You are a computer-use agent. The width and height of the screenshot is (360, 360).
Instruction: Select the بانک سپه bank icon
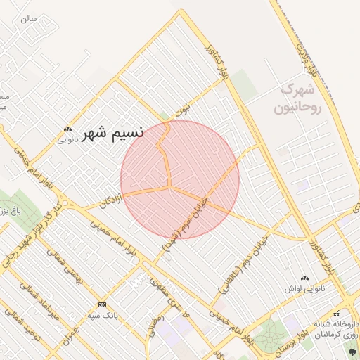tap(103, 304)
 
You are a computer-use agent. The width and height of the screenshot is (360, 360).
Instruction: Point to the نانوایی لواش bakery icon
tap(304, 278)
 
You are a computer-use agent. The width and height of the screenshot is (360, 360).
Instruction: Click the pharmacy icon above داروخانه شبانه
tap(336, 313)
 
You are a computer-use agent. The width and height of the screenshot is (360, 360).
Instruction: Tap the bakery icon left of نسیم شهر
tap(67, 129)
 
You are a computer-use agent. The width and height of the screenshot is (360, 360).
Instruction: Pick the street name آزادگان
tap(116, 202)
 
